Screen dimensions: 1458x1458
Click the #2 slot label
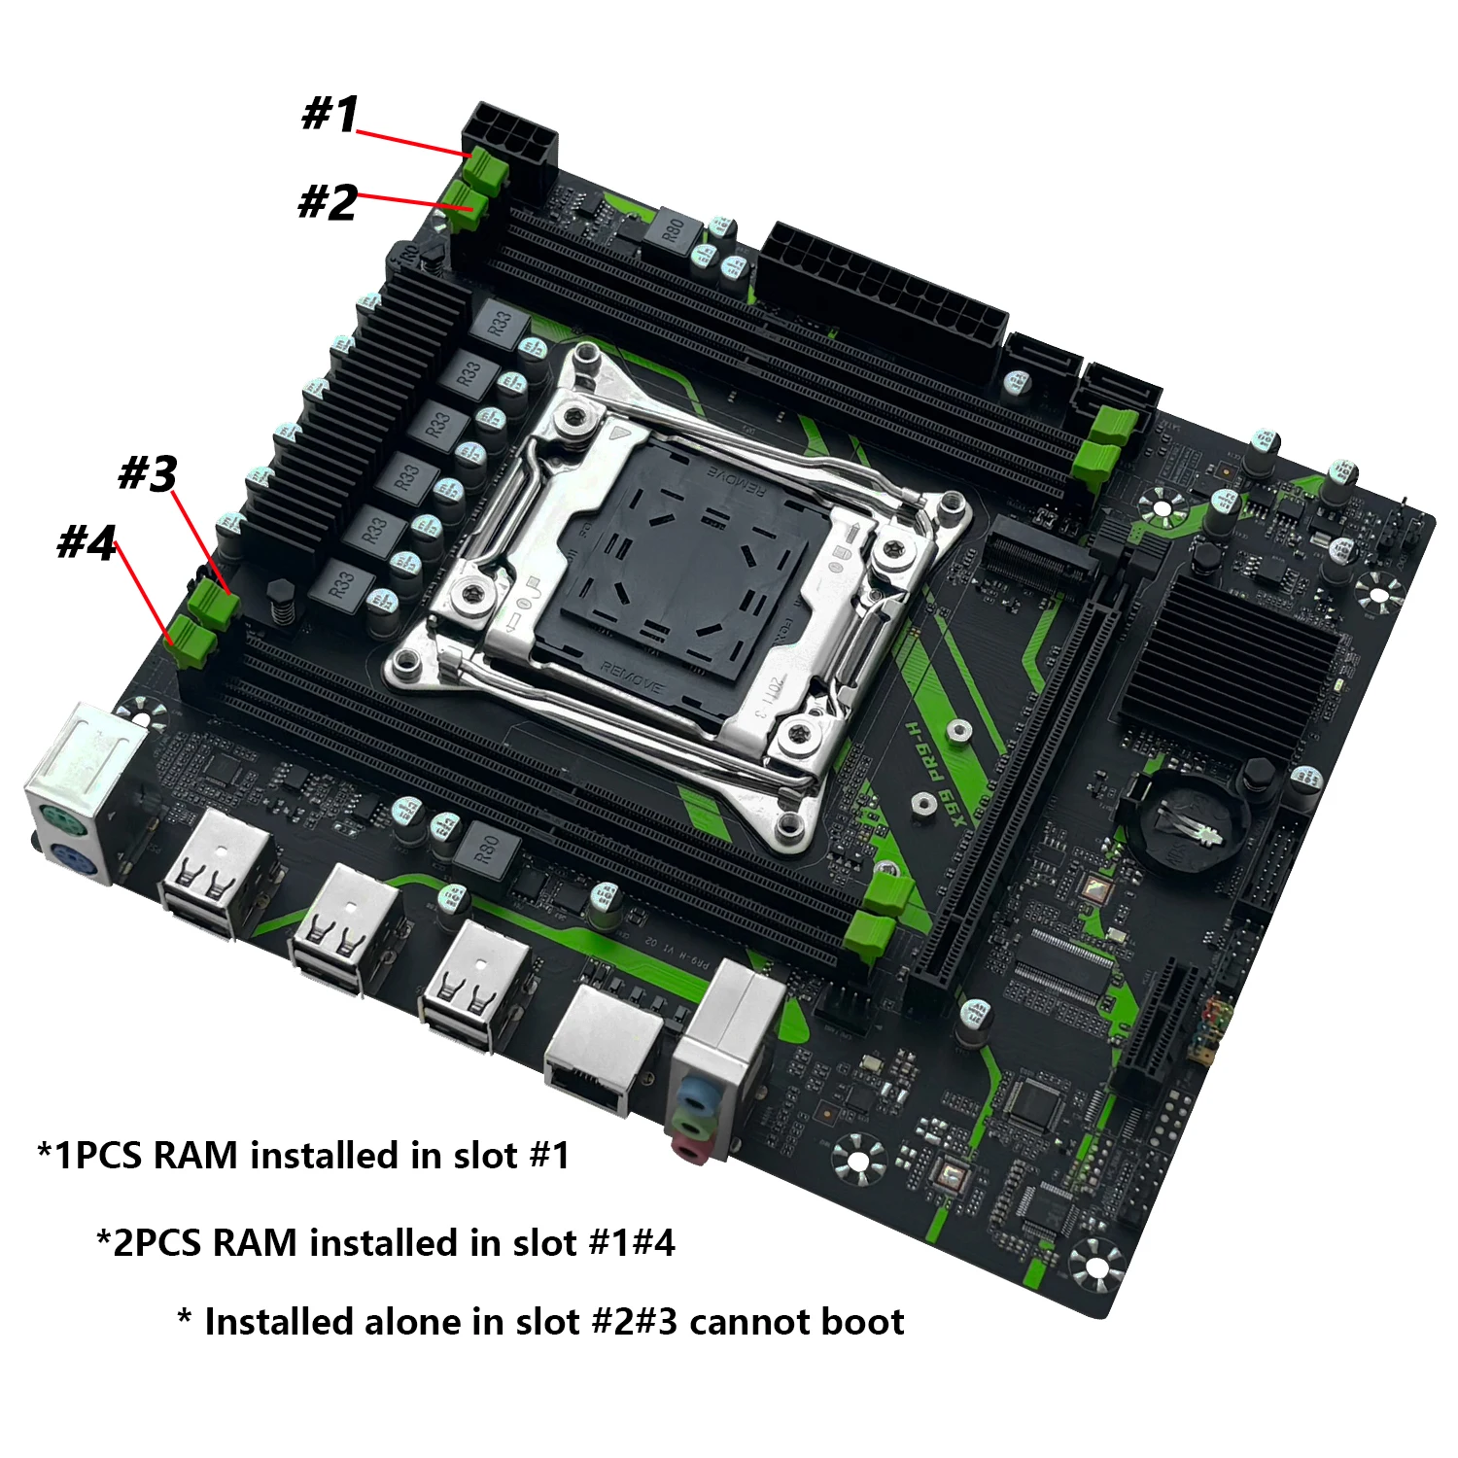328,203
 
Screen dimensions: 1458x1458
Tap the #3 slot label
148,473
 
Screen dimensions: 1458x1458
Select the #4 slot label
87,542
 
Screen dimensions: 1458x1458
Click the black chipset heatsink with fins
1230,661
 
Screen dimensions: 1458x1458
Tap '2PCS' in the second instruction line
156,1243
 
